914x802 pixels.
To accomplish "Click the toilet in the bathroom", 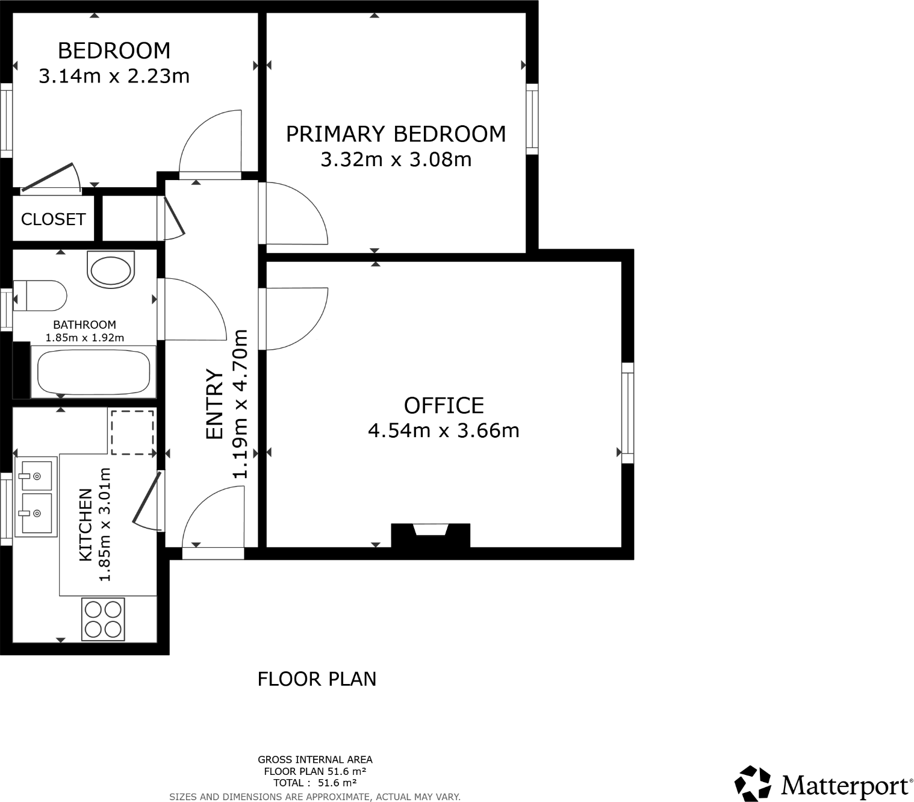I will [40, 296].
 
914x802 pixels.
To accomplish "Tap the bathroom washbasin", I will [110, 269].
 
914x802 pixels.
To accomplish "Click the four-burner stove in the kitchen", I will [103, 619].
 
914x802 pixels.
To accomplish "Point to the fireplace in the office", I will [430, 534].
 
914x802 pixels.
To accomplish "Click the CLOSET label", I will [53, 219].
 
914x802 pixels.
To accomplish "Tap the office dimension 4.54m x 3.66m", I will [443, 431].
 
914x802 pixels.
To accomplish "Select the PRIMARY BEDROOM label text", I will [396, 134].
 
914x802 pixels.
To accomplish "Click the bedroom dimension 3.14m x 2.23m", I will [114, 76].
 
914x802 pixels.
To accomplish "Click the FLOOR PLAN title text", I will [317, 679].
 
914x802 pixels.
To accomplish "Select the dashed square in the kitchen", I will [132, 432].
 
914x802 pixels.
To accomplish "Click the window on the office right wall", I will [627, 412].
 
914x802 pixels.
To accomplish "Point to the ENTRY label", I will [214, 404].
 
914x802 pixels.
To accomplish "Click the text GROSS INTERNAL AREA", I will [315, 760].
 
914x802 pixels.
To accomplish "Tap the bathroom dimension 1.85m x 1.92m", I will [85, 338].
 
